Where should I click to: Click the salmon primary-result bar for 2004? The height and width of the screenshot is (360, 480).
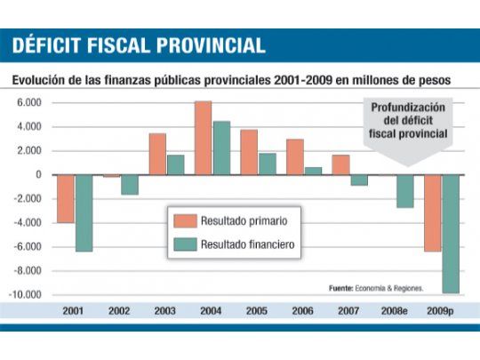pos(204,138)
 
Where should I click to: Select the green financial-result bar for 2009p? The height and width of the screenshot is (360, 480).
pos(451,233)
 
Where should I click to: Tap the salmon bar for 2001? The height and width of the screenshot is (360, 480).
pos(67,198)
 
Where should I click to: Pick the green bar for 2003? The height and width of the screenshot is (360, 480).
pos(176,164)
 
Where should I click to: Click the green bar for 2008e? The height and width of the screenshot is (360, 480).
pos(404,190)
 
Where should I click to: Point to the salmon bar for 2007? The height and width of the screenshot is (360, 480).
pos(340,164)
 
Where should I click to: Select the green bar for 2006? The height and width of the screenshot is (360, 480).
pos(313,171)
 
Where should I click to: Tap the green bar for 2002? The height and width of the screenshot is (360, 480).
pos(130,184)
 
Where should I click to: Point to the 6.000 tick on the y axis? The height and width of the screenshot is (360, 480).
pos(29,102)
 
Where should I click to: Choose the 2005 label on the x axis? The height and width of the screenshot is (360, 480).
pos(257,312)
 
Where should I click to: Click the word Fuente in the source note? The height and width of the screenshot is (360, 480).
pos(341,288)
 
